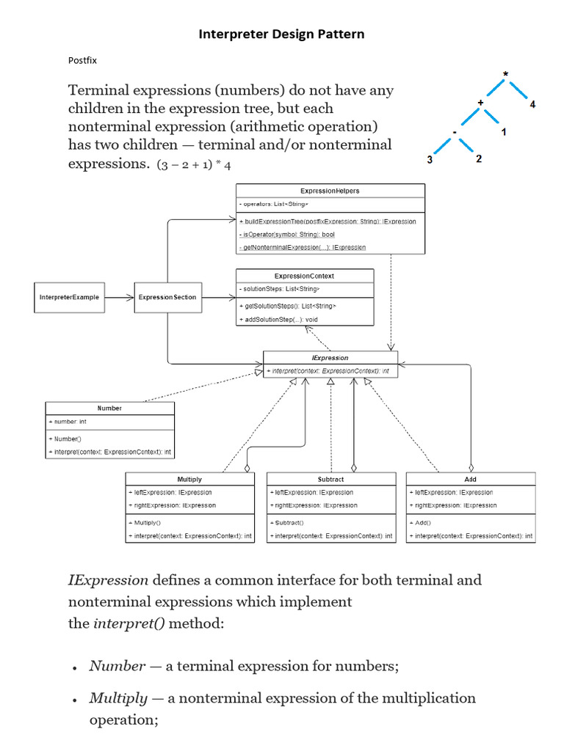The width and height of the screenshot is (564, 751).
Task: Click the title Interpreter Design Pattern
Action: point(282,34)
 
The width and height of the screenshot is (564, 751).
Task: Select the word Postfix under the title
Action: point(82,62)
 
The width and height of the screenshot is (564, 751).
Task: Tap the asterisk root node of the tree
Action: point(505,74)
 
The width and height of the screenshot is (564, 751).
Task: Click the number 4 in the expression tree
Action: point(532,104)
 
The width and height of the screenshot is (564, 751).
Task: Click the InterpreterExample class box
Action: point(69,297)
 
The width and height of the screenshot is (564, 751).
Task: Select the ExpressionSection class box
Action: point(167,297)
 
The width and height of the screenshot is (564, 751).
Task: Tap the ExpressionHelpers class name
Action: point(330,191)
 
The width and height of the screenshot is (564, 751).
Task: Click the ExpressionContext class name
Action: point(304,276)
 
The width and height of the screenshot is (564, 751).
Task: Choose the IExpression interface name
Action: point(330,358)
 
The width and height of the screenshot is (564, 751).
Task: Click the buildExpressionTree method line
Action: point(328,221)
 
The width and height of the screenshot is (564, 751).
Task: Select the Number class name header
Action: point(109,408)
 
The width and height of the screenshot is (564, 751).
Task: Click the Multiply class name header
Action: point(189,479)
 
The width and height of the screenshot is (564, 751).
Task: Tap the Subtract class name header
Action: point(330,479)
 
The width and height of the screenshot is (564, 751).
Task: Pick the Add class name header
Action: point(470,479)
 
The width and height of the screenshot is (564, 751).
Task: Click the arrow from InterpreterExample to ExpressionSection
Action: point(118,297)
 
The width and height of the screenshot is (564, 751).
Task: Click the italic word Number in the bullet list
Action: point(117,666)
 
